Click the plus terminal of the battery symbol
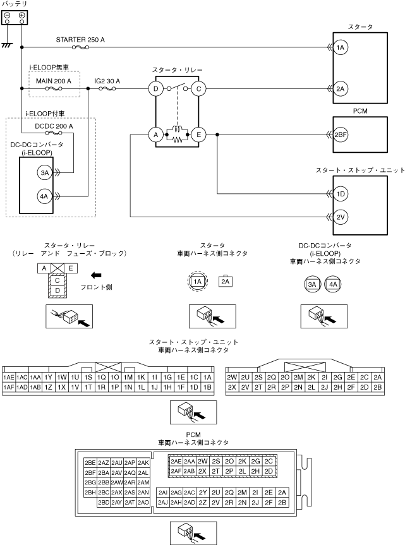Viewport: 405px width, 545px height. point(22,15)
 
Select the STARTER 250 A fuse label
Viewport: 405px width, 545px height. point(80,39)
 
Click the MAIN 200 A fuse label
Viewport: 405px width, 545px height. point(54,81)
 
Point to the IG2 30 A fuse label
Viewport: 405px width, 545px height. point(107,81)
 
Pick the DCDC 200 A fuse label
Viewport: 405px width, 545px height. point(54,126)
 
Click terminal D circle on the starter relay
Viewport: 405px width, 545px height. point(156,89)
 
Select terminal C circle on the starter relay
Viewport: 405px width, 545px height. point(198,89)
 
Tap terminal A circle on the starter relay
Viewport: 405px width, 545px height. point(154,135)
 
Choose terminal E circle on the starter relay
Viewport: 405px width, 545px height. point(198,135)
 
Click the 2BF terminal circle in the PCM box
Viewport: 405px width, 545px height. point(341,135)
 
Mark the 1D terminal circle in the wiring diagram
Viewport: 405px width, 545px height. point(341,194)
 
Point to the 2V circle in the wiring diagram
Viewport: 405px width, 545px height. point(341,217)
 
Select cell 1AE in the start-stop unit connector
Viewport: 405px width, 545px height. point(9,377)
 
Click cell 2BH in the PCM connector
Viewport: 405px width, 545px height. point(90,492)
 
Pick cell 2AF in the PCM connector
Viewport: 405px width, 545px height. point(176,471)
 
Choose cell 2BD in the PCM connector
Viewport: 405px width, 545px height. point(104,502)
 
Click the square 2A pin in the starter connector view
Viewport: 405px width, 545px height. point(226,282)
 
